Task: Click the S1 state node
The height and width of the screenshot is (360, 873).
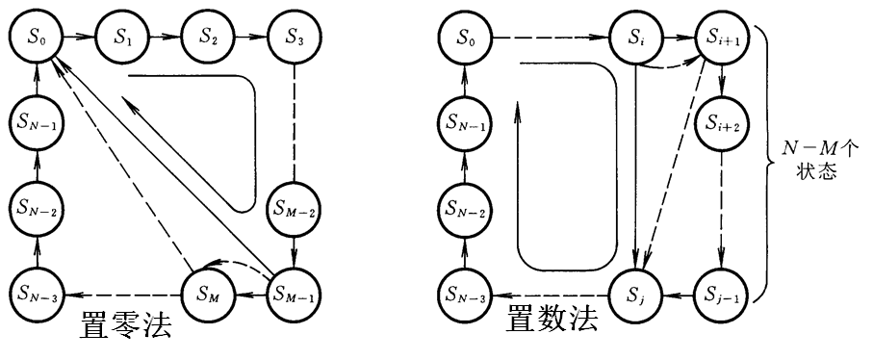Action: [x=122, y=39]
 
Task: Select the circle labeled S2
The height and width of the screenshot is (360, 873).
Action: [x=209, y=39]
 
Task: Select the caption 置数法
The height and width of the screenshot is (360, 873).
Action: [x=552, y=321]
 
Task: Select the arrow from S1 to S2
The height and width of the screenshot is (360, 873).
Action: [x=166, y=39]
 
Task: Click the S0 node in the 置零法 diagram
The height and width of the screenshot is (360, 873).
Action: [x=37, y=39]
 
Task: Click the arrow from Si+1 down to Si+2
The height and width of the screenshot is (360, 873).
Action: [x=721, y=85]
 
